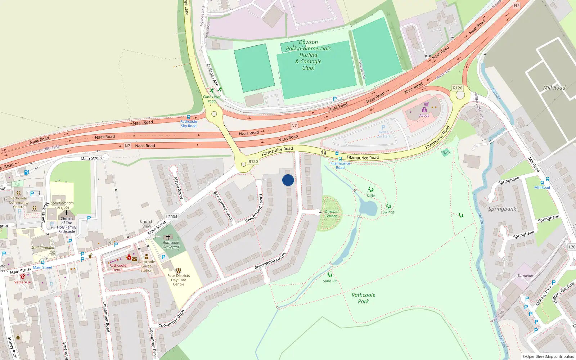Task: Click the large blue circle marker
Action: coord(288,180)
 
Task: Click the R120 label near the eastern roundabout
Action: coord(458,88)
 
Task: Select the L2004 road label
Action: coord(172,217)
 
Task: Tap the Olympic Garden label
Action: coord(331,214)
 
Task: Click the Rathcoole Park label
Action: coord(363,298)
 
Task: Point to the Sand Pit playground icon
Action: coord(330,275)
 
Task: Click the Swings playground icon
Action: coord(388,207)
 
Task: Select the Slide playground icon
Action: coord(371,190)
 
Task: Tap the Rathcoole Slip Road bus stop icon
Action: coord(188,117)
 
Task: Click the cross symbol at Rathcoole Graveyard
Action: coord(168,237)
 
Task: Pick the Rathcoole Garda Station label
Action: coord(147,266)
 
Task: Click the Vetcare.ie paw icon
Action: coord(23,276)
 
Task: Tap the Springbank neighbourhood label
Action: coord(502,209)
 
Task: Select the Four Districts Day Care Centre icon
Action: coord(178,270)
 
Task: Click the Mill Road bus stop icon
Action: coord(547,179)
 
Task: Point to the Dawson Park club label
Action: coord(309,55)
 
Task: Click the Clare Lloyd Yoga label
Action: coord(212,99)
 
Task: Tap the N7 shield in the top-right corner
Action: coord(517,5)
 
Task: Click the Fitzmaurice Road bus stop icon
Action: coord(340,159)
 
